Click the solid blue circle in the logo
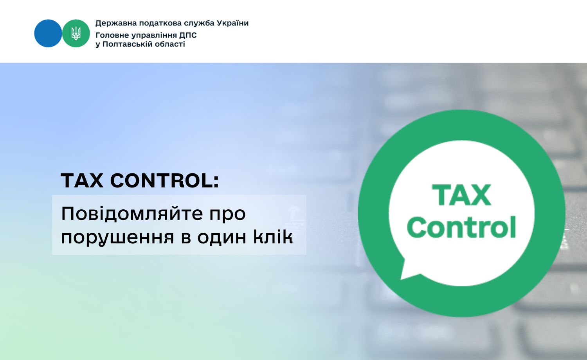(48, 34)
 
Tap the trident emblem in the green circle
(76, 34)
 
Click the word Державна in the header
(115, 23)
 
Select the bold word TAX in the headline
(82, 181)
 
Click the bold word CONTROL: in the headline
(164, 181)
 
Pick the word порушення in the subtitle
(117, 237)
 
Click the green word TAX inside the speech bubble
(461, 195)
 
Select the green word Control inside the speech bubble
(461, 227)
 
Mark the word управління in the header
(153, 35)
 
